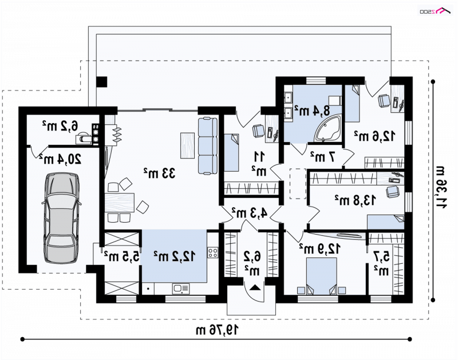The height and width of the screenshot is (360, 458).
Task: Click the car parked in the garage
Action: coord(61,218)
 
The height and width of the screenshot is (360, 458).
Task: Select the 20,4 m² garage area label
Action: coord(61,160)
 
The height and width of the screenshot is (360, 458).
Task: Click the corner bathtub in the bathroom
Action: coord(327,128)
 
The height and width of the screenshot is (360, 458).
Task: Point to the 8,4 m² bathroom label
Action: coord(312,110)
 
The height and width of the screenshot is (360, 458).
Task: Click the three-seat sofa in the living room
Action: coord(208,146)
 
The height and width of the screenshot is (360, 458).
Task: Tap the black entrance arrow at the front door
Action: coord(255,287)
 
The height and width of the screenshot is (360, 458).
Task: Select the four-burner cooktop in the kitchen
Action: coord(212,252)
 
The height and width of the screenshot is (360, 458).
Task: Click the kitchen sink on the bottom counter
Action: coord(181,289)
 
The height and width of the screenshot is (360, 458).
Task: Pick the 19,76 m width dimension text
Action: coord(217,330)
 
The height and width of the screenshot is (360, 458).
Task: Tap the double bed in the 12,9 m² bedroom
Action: coord(321,276)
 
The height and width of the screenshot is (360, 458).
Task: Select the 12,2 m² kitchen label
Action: coord(175,256)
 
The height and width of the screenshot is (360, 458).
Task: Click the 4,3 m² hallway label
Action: coord(250,213)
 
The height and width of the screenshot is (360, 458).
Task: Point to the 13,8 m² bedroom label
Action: coord(356,200)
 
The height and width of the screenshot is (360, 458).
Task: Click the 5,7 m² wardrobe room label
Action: coord(381,264)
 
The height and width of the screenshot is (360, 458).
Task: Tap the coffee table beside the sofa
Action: coord(188,145)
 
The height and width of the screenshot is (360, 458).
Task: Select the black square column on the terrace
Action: coord(102,82)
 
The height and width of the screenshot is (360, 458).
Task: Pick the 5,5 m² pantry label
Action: coord(121,256)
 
